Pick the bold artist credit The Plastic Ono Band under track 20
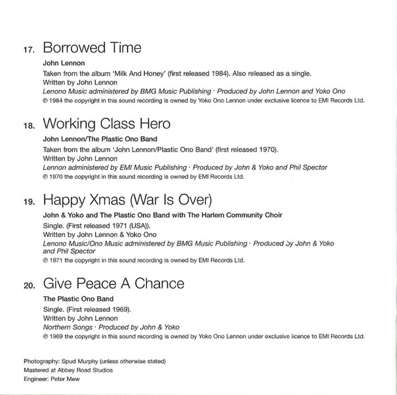(77, 301)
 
